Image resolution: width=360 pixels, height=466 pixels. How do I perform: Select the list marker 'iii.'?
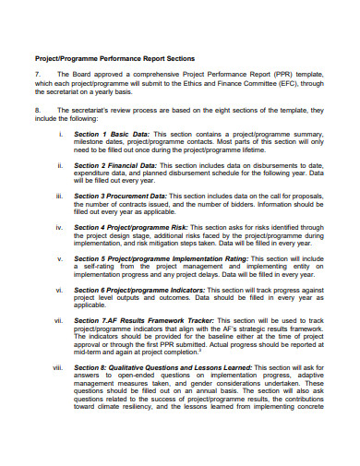pyautogui.click(x=60, y=197)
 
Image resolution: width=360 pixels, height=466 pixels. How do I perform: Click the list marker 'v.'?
pyautogui.click(x=60, y=258)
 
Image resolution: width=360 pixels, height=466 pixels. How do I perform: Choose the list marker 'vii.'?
pyautogui.click(x=59, y=320)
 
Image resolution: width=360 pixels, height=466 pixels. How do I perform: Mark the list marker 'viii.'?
pyautogui.click(x=58, y=367)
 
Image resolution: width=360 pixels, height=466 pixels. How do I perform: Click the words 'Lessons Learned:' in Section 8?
pyautogui.click(x=223, y=367)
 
